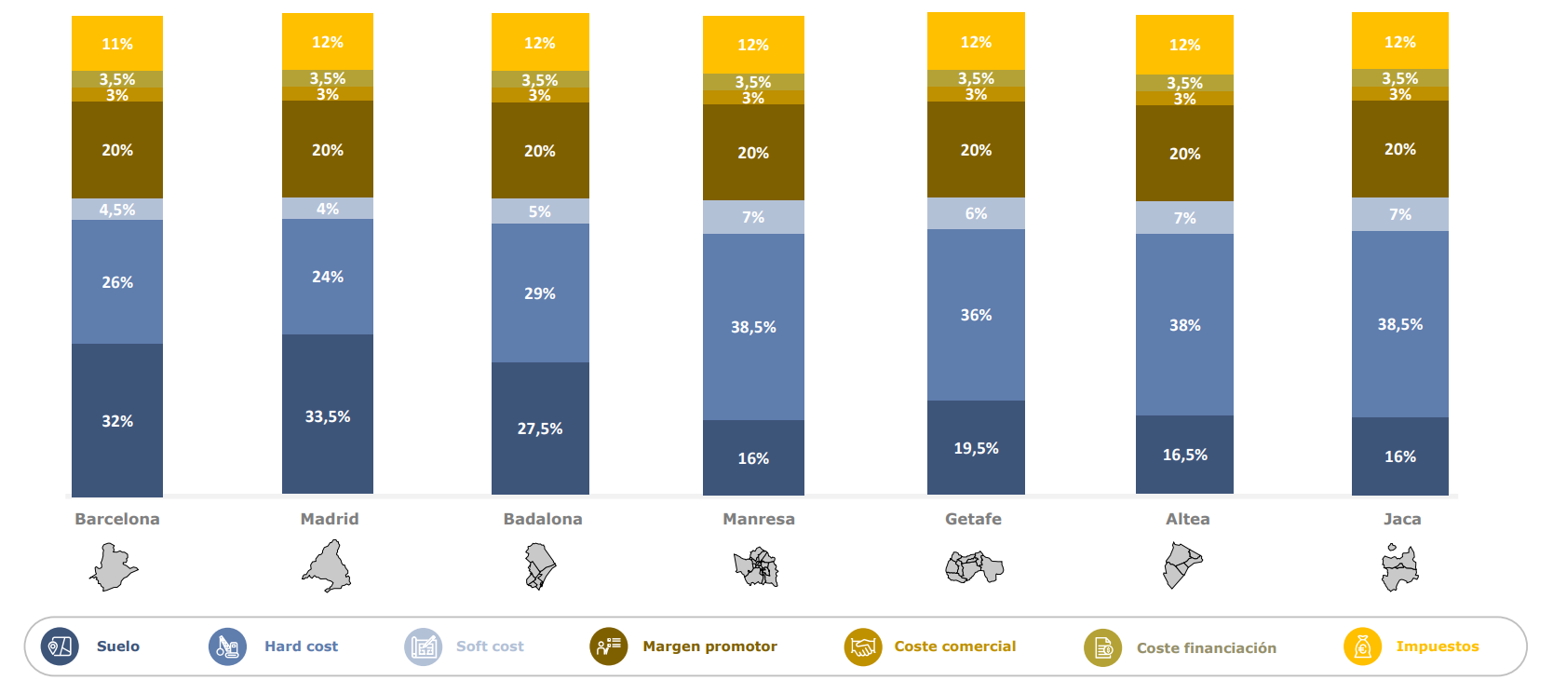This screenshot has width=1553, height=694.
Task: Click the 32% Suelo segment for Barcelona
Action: [117, 420]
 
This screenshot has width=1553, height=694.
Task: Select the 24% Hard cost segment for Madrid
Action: [328, 277]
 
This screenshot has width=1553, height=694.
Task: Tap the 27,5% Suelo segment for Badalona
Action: [540, 429]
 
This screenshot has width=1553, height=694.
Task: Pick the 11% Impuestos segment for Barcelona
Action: [117, 44]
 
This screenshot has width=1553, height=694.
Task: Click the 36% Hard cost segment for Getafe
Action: [976, 315]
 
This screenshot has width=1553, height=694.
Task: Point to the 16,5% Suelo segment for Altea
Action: [1184, 455]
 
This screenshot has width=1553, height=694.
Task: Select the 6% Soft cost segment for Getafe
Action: [976, 213]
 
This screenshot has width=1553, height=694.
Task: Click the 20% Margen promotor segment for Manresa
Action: [753, 153]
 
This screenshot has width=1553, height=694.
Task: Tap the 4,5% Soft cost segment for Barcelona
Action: [117, 210]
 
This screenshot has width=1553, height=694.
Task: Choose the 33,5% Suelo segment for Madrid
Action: [328, 415]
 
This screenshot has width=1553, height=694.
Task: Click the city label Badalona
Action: [543, 519]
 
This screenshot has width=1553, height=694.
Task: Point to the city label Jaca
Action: [1401, 519]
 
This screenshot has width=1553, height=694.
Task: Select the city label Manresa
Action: [759, 519]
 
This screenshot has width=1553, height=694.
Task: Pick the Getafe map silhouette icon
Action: [974, 566]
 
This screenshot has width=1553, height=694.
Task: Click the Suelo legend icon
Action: [60, 646]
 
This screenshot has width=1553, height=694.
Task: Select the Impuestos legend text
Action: [1437, 646]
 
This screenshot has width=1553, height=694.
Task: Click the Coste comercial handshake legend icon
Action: [863, 646]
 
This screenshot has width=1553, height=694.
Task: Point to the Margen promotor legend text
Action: [709, 646]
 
